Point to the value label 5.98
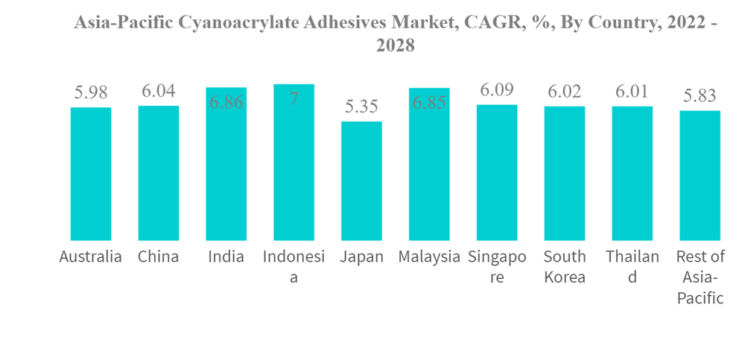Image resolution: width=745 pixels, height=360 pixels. coord(91,93)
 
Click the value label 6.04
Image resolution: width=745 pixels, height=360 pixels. coord(159,91)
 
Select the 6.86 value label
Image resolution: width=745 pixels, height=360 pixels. coord(226,103)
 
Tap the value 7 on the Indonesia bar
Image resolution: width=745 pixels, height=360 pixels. coord(294,98)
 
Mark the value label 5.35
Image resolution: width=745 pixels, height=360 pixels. coord(361,107)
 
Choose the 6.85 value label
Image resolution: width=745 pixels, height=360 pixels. coord(428,103)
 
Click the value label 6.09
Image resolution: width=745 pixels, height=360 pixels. coord(497,90)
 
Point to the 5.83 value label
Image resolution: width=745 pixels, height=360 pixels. coord(700,96)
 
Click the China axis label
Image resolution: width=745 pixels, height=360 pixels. coord(159,257)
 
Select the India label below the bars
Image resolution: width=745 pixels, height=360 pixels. coord(226,257)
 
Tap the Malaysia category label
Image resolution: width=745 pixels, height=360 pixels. coord(428,257)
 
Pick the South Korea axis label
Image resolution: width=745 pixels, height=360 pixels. coord(564,267)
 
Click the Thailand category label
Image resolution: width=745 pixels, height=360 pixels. coord(632,267)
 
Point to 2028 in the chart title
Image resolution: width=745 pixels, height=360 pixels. coord(395,46)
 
